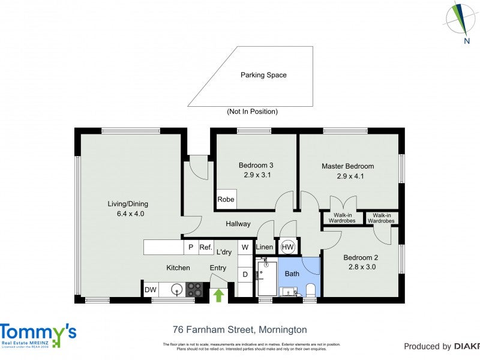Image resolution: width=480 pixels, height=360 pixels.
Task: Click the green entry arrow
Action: (218, 295)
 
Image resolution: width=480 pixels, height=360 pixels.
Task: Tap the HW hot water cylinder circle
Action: (287, 247)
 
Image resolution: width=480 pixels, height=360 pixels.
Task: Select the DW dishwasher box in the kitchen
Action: (151, 290)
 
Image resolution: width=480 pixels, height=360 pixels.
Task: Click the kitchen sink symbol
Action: (176, 290)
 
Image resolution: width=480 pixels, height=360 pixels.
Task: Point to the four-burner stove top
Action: (194, 290)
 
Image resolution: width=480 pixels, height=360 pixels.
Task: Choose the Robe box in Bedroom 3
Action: (226, 200)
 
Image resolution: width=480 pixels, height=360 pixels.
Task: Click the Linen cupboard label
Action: (265, 247)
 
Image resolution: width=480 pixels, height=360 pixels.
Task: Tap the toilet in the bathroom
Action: (311, 291)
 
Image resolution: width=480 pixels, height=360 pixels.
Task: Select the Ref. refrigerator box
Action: (206, 247)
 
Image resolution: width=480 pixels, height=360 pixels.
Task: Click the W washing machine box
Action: (245, 247)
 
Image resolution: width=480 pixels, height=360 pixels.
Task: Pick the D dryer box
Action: (245, 275)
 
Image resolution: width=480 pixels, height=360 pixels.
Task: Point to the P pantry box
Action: (191, 247)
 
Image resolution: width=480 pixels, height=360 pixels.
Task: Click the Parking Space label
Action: (263, 75)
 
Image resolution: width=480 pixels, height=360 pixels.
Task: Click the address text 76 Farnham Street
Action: (239, 329)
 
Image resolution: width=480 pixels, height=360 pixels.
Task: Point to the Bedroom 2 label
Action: (359, 257)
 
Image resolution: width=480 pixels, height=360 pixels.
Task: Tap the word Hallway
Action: (238, 224)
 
